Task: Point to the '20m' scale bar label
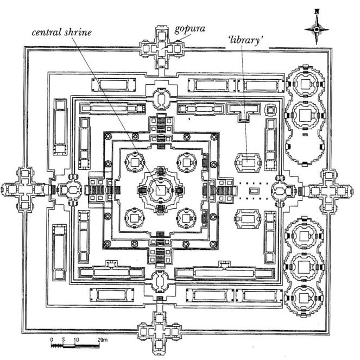[x=103, y=340]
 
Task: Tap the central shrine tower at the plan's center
[x=160, y=190]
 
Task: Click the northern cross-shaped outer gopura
[x=160, y=48]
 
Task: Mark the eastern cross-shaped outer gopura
[x=329, y=191]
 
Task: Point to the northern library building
[x=248, y=161]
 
